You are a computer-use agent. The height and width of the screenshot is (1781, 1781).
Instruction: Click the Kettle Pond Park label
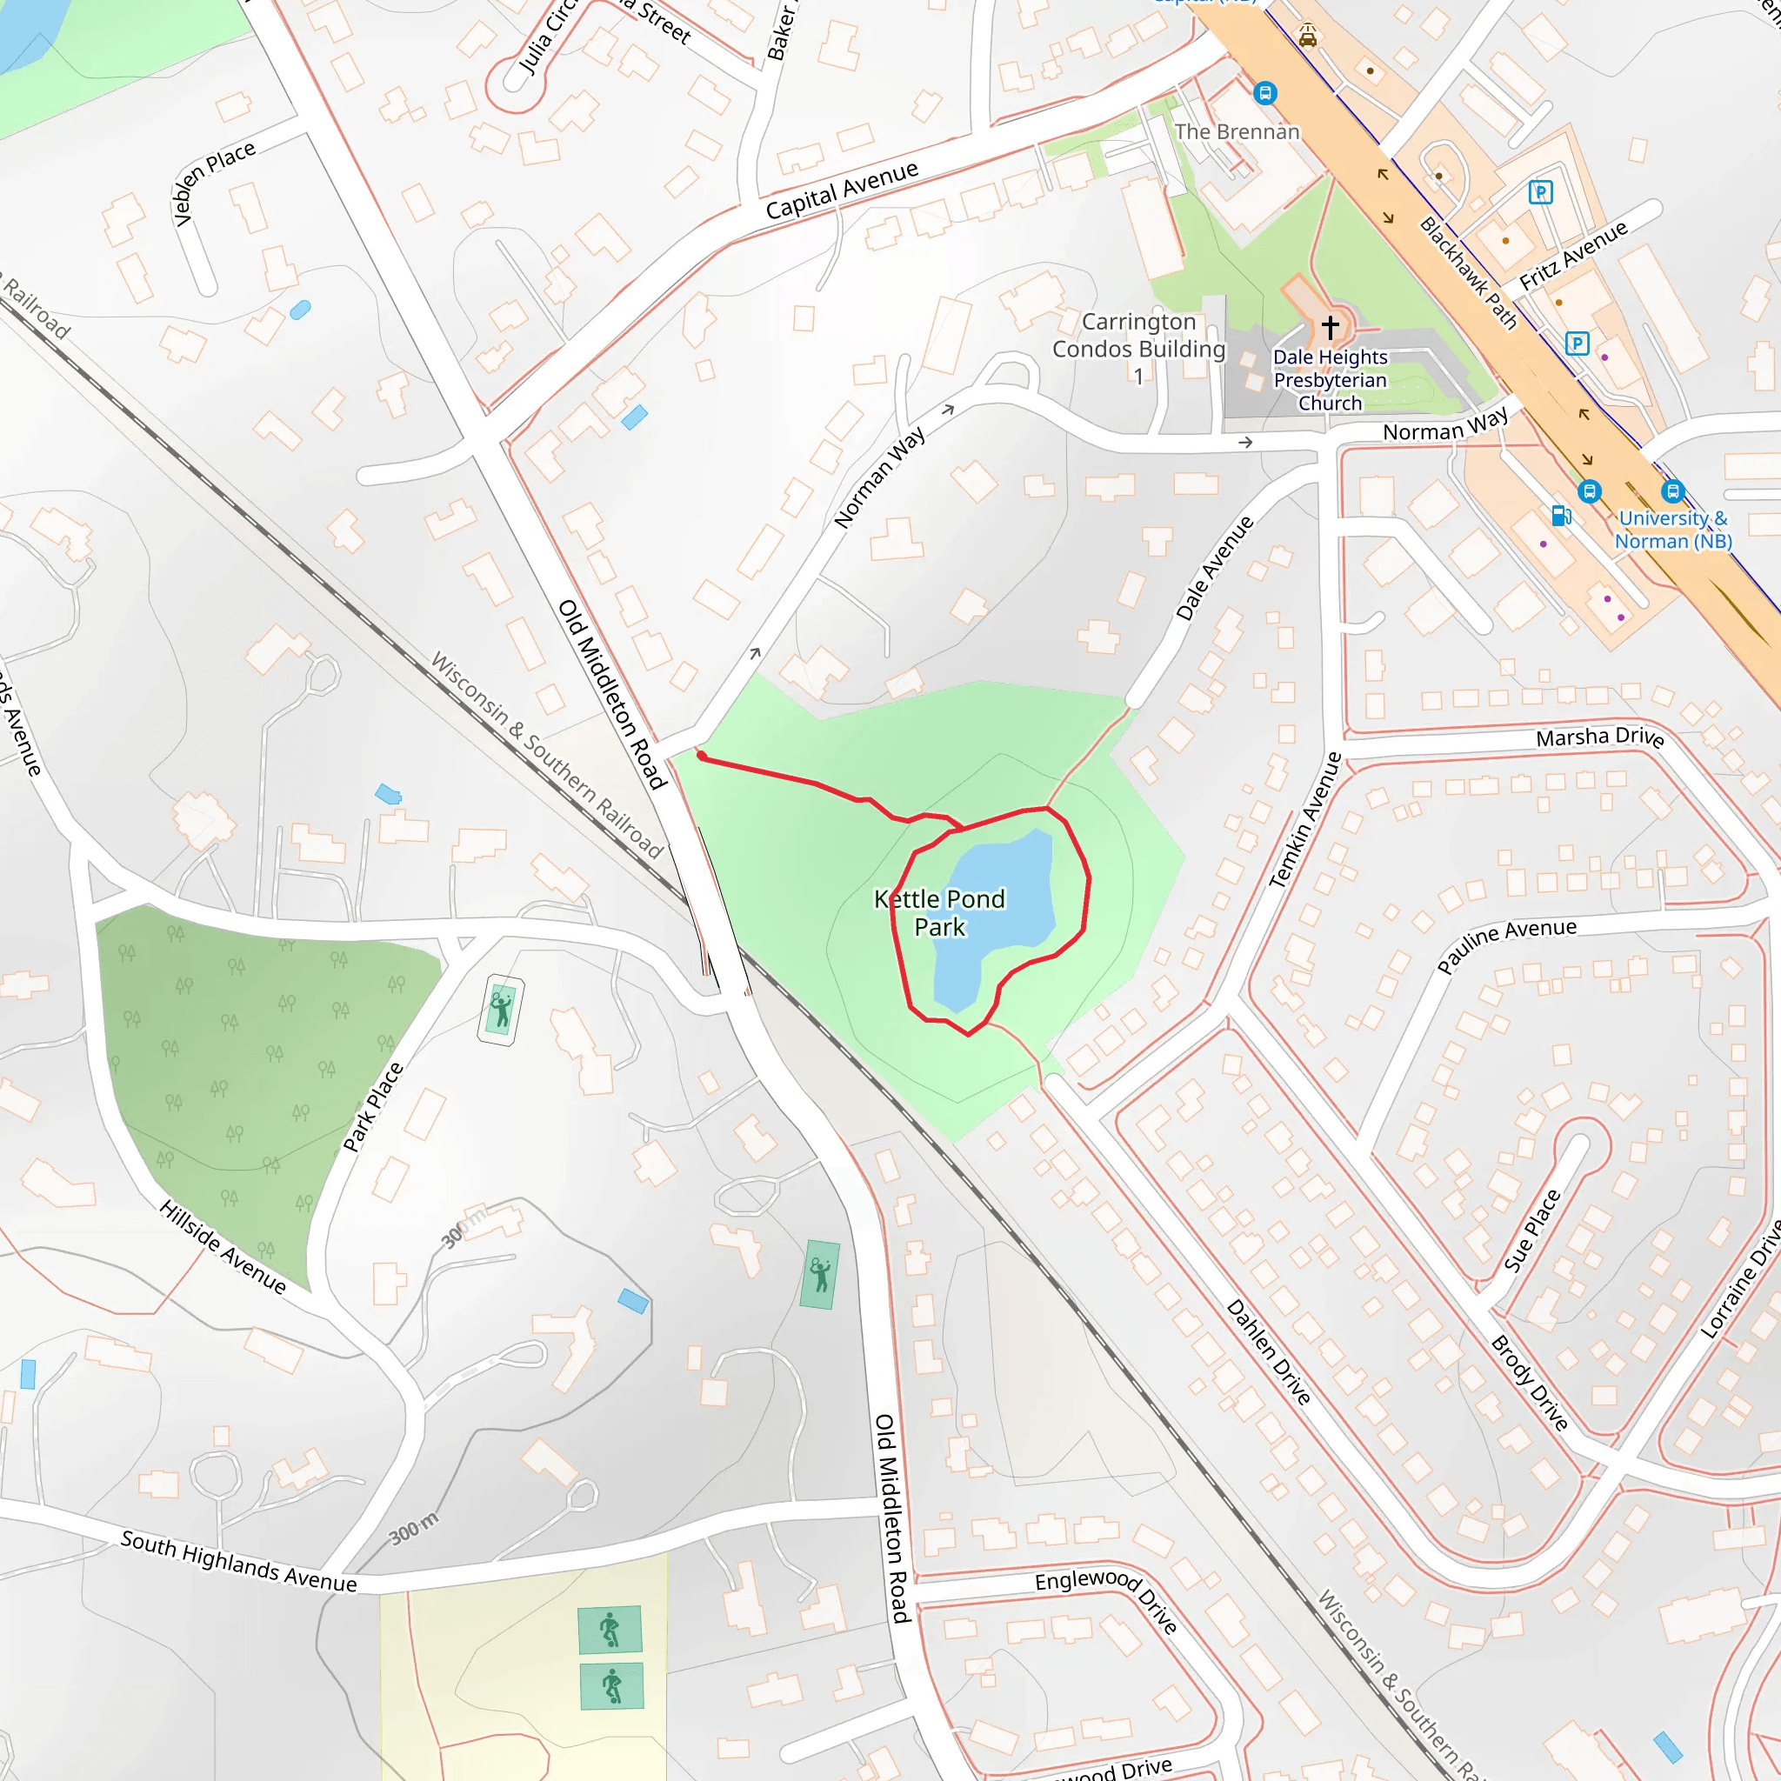[939, 912]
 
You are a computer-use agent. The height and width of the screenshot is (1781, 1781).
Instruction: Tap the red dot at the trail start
[703, 756]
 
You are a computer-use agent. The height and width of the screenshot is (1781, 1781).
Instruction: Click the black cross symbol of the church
[1331, 326]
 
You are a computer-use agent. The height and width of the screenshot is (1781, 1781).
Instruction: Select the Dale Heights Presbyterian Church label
[1331, 380]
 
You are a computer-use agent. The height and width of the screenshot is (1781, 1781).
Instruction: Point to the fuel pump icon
[1561, 516]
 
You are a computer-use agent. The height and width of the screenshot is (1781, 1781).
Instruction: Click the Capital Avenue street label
[842, 189]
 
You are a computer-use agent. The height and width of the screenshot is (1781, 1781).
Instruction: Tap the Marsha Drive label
[1599, 737]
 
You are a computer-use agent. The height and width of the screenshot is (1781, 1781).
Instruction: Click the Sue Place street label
[1532, 1231]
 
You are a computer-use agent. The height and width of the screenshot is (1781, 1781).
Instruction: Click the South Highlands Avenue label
[239, 1561]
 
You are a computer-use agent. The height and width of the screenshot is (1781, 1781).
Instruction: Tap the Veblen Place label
[214, 183]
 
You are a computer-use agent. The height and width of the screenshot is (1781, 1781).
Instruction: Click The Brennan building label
[1237, 132]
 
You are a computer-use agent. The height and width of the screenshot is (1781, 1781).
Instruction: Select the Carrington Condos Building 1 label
[1138, 349]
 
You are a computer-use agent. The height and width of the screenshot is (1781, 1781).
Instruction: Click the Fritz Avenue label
[1573, 255]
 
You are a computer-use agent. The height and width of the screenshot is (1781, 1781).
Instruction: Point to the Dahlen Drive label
[1269, 1351]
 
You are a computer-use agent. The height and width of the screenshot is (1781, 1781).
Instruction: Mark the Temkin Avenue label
[1305, 819]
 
